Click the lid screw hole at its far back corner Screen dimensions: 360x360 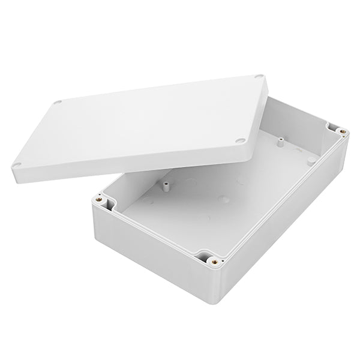coord(259,76)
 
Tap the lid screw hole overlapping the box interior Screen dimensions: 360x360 coord(239,140)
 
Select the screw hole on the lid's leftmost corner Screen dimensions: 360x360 coord(18,164)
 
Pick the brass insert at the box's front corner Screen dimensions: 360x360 coord(214,261)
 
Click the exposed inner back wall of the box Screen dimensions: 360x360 coord(300,120)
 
